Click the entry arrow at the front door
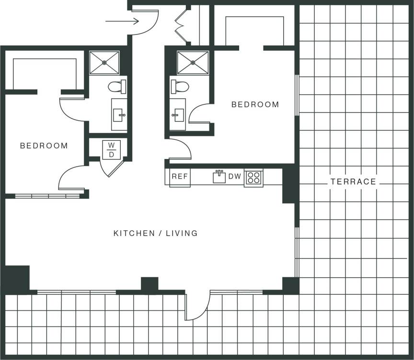(x=122, y=21)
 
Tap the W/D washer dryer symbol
(x=111, y=150)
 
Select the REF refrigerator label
(x=180, y=176)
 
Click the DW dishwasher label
(x=234, y=176)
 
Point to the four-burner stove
(x=253, y=178)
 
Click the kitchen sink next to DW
(x=219, y=177)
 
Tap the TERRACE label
(x=353, y=182)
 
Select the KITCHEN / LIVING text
(x=155, y=234)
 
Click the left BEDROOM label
(x=44, y=146)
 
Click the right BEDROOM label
(x=255, y=104)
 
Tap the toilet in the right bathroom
(x=180, y=87)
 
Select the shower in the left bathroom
(x=104, y=63)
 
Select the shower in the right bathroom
(x=193, y=63)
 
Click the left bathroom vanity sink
(x=119, y=114)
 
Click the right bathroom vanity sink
(x=178, y=114)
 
